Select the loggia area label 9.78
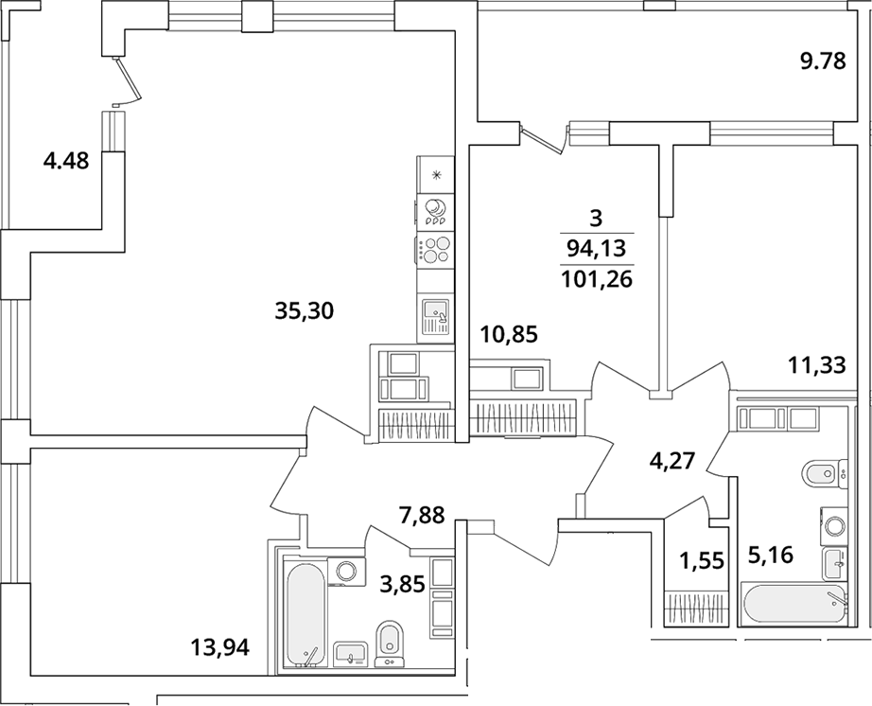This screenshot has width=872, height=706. [x=823, y=62]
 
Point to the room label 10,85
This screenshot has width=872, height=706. [x=510, y=334]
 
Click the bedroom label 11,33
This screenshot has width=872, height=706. [x=817, y=365]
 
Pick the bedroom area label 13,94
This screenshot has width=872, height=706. [x=219, y=646]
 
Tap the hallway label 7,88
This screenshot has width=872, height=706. [x=422, y=515]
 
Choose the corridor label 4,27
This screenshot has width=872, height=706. [x=672, y=461]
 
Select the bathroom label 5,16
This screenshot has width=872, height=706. [x=769, y=555]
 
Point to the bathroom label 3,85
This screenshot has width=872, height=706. [x=403, y=584]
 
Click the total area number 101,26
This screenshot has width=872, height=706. [x=597, y=279]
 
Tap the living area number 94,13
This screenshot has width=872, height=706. [x=596, y=249]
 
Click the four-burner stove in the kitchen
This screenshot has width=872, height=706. [x=435, y=249]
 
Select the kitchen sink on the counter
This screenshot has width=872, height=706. [x=435, y=316]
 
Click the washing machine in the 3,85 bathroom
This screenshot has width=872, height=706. [x=347, y=572]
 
